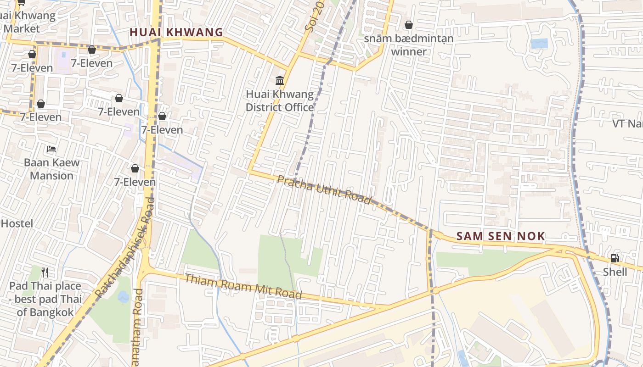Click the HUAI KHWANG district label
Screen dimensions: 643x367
tap(176, 33)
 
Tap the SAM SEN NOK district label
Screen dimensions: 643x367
tap(501, 237)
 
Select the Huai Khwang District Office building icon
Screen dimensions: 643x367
tap(279, 81)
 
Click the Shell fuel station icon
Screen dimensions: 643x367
tap(615, 258)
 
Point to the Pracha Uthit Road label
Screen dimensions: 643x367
tap(324, 189)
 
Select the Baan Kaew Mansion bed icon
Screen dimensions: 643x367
tap(51, 149)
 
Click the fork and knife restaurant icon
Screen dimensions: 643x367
tap(45, 272)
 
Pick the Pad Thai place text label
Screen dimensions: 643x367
tap(45, 299)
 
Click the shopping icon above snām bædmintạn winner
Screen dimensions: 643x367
tap(408, 25)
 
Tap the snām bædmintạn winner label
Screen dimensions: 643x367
tap(409, 45)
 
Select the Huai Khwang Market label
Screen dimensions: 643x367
tap(28, 22)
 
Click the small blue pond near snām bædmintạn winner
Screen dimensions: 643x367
tap(539, 44)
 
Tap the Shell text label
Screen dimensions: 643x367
tap(615, 272)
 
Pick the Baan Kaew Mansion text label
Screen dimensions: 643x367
tap(51, 169)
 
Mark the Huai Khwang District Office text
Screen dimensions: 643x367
tap(280, 101)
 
